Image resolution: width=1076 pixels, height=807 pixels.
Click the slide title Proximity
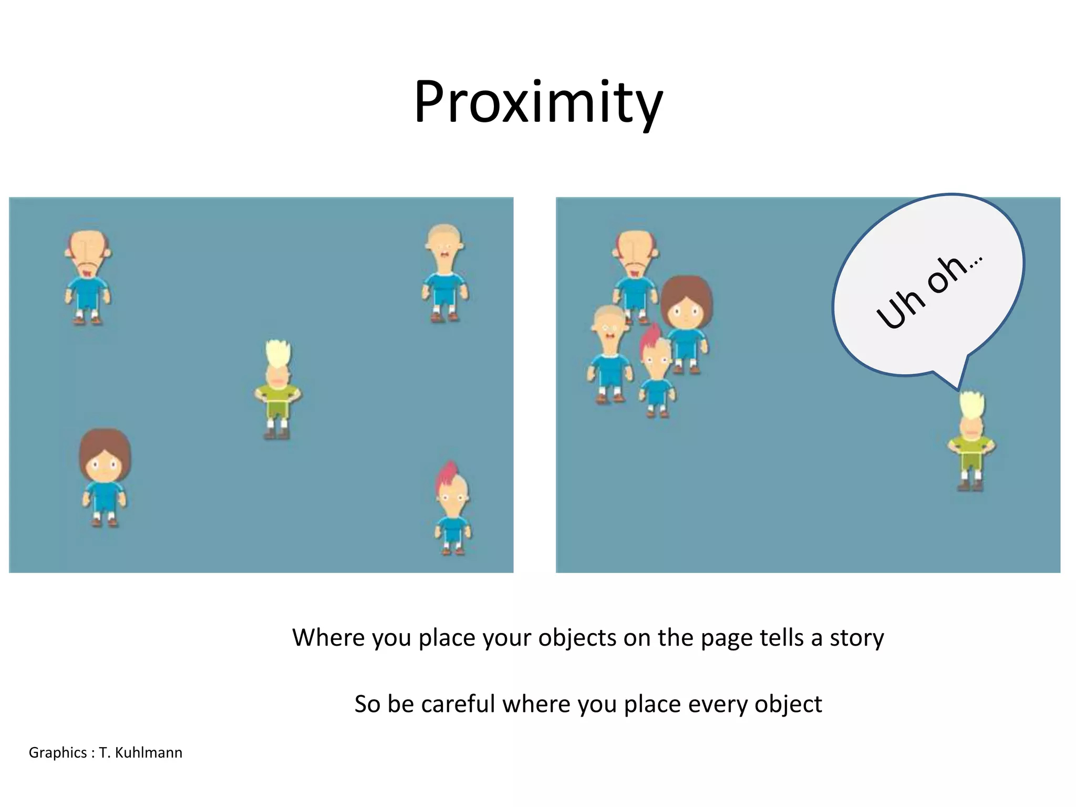click(x=538, y=102)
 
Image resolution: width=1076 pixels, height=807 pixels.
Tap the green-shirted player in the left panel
click(x=277, y=391)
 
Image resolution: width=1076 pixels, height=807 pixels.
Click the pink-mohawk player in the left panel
click(x=452, y=510)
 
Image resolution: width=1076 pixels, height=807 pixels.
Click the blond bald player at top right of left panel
click(x=444, y=273)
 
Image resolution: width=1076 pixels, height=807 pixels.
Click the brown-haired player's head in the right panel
click(x=686, y=305)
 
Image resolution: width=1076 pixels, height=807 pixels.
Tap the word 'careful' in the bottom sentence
click(x=458, y=704)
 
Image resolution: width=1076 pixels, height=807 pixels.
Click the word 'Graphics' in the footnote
click(x=57, y=753)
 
